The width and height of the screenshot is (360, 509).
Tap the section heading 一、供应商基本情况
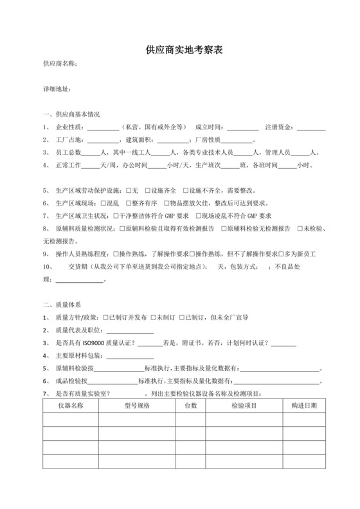coord(71,114)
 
